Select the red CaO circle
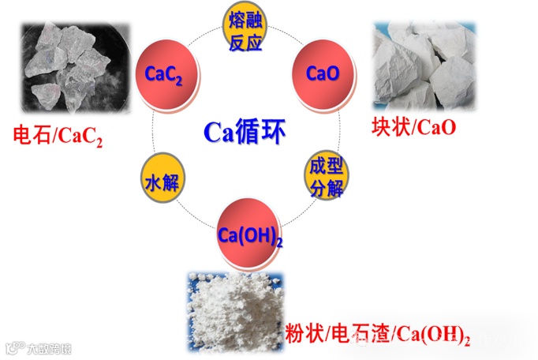323,73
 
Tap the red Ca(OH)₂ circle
248,232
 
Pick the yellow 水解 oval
161,183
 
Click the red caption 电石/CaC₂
58,136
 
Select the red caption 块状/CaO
414,126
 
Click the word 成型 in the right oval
322,167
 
